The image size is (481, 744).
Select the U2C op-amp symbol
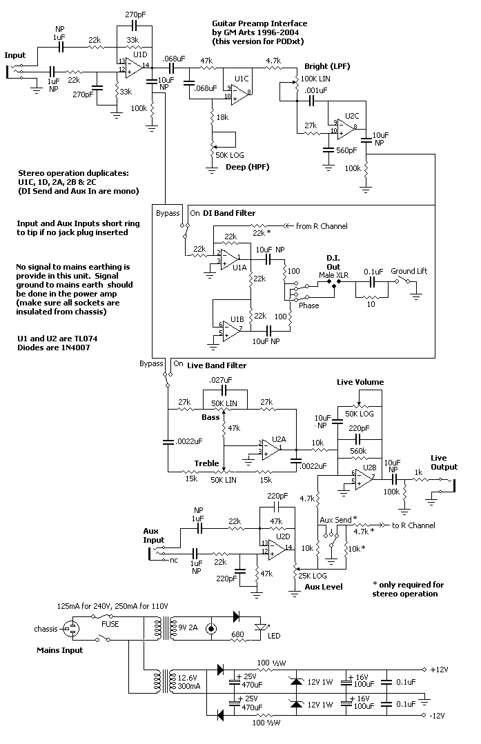point(346,128)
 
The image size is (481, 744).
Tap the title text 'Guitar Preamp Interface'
point(259,23)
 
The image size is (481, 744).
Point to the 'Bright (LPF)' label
point(327,66)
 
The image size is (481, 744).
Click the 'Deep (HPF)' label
point(247,167)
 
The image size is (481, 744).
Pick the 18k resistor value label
point(222,117)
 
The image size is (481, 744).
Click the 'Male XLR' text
point(333,275)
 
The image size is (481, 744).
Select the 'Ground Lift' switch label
point(409,271)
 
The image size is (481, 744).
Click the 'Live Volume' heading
point(360,382)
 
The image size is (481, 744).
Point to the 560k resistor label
point(358,451)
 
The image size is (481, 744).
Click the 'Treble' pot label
point(206,463)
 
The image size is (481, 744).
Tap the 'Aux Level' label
point(324,587)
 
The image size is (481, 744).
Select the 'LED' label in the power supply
point(274,636)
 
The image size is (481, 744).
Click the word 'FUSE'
point(110,624)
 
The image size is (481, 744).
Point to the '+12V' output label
point(439,670)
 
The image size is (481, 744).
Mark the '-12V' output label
point(438,716)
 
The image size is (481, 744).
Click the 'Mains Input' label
point(60,650)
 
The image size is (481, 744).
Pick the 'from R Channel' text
point(322,226)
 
